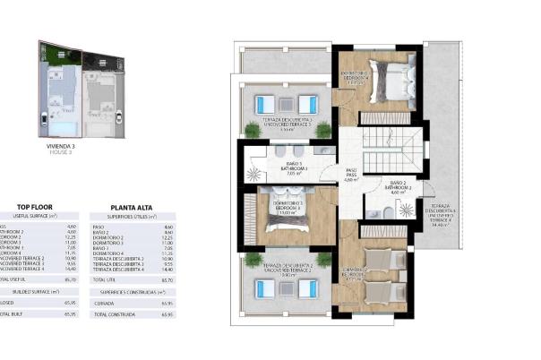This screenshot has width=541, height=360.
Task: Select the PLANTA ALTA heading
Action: click(x=130, y=205)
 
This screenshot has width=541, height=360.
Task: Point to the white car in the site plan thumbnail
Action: click(x=45, y=116)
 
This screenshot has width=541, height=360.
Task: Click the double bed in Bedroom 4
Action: click(x=392, y=80)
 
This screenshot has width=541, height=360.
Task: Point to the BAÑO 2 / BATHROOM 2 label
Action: click(x=399, y=187)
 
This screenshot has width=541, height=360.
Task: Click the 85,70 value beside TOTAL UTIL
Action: click(x=166, y=280)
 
